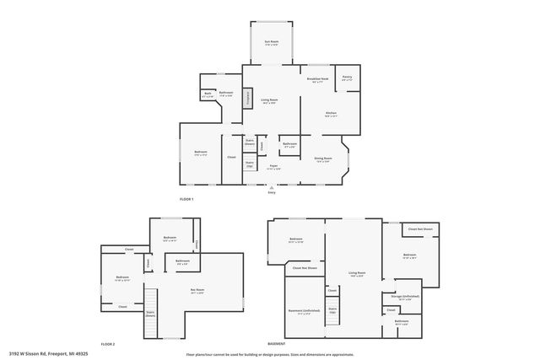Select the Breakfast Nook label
pyautogui.click(x=319, y=82)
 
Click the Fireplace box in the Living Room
pyautogui.click(x=247, y=98)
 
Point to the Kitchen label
pyautogui.click(x=332, y=115)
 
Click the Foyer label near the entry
pyautogui.click(x=273, y=168)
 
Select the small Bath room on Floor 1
pyautogui.click(x=208, y=95)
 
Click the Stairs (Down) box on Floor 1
pyautogui.click(x=250, y=142)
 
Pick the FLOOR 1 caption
pyautogui.click(x=186, y=199)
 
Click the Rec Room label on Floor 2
pyautogui.click(x=197, y=291)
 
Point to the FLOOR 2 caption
pyautogui.click(x=107, y=344)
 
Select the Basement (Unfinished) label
pyautogui.click(x=304, y=312)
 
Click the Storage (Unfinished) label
pyautogui.click(x=405, y=298)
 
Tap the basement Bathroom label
pyautogui.click(x=402, y=322)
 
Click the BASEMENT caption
pyautogui.click(x=276, y=344)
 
